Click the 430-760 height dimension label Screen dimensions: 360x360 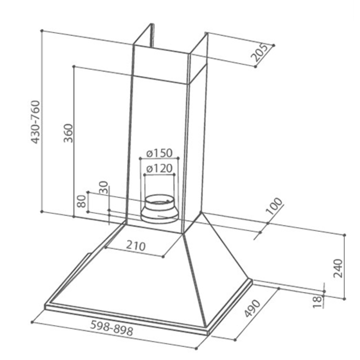point(36,122)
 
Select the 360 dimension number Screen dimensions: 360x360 point(68,133)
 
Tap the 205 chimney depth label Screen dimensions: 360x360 point(260,53)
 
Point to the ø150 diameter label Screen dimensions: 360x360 point(159,153)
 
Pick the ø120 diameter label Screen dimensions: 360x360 point(159,168)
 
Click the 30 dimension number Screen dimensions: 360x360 point(103,187)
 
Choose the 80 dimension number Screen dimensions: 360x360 point(81,201)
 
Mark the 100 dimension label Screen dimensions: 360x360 point(274,206)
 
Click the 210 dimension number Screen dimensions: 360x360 point(136,246)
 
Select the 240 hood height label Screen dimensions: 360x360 point(338,268)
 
